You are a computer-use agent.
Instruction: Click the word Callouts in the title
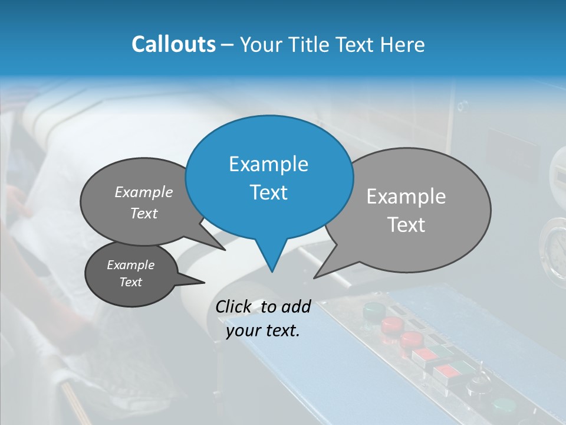pos(173,44)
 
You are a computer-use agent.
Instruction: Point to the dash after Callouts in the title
pos(228,45)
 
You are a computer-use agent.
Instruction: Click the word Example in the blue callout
pos(268,164)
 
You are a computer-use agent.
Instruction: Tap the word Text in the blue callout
pos(268,192)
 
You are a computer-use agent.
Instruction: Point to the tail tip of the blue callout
pos(271,272)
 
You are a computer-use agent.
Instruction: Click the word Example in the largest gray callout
pos(406,197)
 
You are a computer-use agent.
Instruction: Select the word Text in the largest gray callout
pos(406,225)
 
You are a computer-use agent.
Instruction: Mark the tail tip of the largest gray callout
pos(314,277)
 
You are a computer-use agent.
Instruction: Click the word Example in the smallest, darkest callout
pos(130,265)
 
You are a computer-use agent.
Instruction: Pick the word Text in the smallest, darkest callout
pos(130,282)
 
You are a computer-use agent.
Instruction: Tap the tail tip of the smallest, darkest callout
pos(204,283)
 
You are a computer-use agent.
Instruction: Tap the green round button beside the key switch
pos(504,407)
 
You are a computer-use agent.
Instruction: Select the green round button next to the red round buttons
pos(373,309)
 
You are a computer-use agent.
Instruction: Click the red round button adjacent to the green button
pos(391,324)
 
